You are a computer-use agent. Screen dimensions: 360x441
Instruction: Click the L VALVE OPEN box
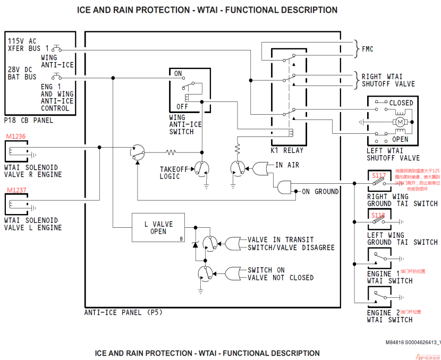click(x=159, y=228)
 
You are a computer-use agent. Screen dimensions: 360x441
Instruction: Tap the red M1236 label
click(x=15, y=136)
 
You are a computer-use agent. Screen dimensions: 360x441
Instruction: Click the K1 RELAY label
click(x=287, y=150)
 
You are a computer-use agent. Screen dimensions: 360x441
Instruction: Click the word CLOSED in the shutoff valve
click(x=401, y=102)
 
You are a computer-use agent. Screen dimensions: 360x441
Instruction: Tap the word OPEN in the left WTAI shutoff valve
click(x=400, y=139)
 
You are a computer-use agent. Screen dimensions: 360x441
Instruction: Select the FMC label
click(x=368, y=49)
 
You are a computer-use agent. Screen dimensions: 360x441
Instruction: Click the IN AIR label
click(x=287, y=165)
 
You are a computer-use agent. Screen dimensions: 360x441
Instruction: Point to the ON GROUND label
click(x=320, y=192)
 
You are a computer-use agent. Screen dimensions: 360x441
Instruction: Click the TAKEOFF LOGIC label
click(x=174, y=173)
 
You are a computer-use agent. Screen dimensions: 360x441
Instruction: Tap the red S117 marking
click(x=379, y=175)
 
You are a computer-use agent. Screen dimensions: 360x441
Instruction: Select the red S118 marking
click(x=378, y=215)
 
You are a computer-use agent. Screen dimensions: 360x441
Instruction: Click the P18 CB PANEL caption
click(x=29, y=120)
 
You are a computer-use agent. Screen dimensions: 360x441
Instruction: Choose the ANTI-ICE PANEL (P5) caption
click(x=123, y=312)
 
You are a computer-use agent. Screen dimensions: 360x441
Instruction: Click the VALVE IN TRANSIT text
click(x=281, y=239)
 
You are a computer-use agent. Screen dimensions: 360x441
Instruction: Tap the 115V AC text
click(x=22, y=40)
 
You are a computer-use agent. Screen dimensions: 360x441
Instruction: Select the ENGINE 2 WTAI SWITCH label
click(x=389, y=316)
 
